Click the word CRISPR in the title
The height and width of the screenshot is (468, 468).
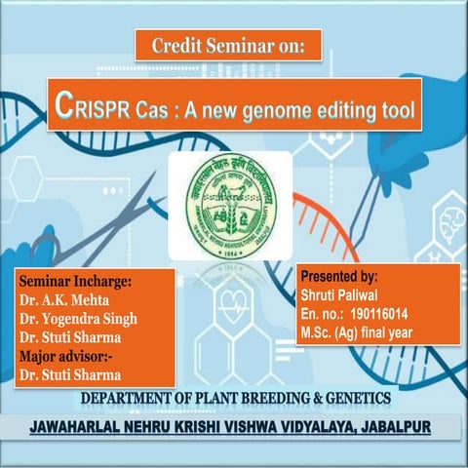pyautogui.click(x=91, y=105)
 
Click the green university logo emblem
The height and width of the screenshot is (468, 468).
pyautogui.click(x=230, y=206)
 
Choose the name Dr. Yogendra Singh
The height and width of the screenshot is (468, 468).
pyautogui.click(x=79, y=319)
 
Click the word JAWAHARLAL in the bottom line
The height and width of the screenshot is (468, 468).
pyautogui.click(x=83, y=428)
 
